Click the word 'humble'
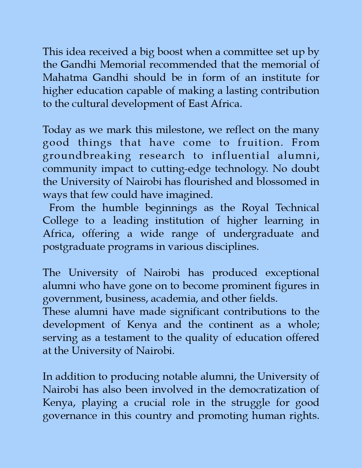(x=120, y=208)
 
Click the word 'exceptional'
(x=292, y=273)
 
